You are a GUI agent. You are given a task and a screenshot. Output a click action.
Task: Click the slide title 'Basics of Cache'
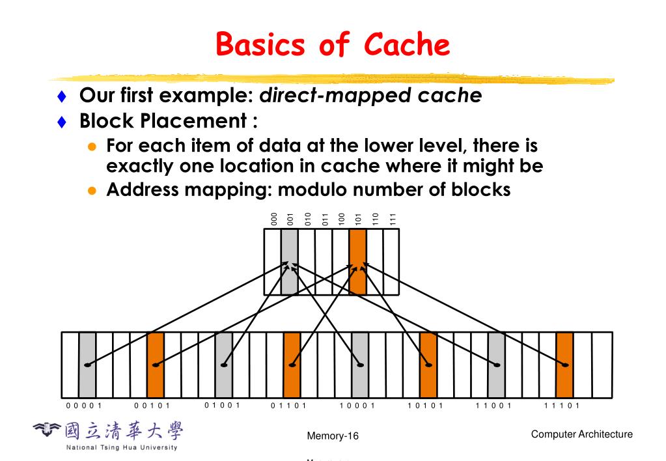pyautogui.click(x=333, y=45)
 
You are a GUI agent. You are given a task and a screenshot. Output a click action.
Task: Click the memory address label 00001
pyautogui.click(x=84, y=406)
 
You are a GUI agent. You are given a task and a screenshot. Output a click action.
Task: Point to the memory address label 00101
pyautogui.click(x=152, y=406)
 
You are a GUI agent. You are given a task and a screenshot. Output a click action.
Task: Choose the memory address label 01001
pyautogui.click(x=223, y=406)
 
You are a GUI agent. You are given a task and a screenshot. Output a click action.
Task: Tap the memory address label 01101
pyautogui.click(x=289, y=406)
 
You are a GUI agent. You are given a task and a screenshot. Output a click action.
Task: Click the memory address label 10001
pyautogui.click(x=357, y=406)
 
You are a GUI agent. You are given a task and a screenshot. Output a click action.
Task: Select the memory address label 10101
pyautogui.click(x=426, y=406)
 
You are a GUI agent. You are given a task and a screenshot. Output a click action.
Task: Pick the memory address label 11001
pyautogui.click(x=494, y=406)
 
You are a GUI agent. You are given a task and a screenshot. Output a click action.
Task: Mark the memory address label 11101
pyautogui.click(x=562, y=406)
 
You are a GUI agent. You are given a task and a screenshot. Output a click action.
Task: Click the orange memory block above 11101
pyautogui.click(x=564, y=365)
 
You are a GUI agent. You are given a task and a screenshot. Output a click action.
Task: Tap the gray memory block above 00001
pyautogui.click(x=87, y=365)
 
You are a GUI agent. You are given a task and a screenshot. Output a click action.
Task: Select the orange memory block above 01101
pyautogui.click(x=292, y=365)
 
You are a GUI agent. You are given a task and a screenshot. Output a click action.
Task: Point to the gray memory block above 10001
pyautogui.click(x=360, y=365)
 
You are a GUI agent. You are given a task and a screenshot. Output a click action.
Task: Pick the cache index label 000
pyautogui.click(x=274, y=219)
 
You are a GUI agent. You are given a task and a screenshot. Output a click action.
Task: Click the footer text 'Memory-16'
pyautogui.click(x=333, y=436)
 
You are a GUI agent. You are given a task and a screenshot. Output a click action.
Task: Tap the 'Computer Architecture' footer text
pyautogui.click(x=581, y=434)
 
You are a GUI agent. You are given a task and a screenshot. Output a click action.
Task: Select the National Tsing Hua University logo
pyautogui.click(x=108, y=436)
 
